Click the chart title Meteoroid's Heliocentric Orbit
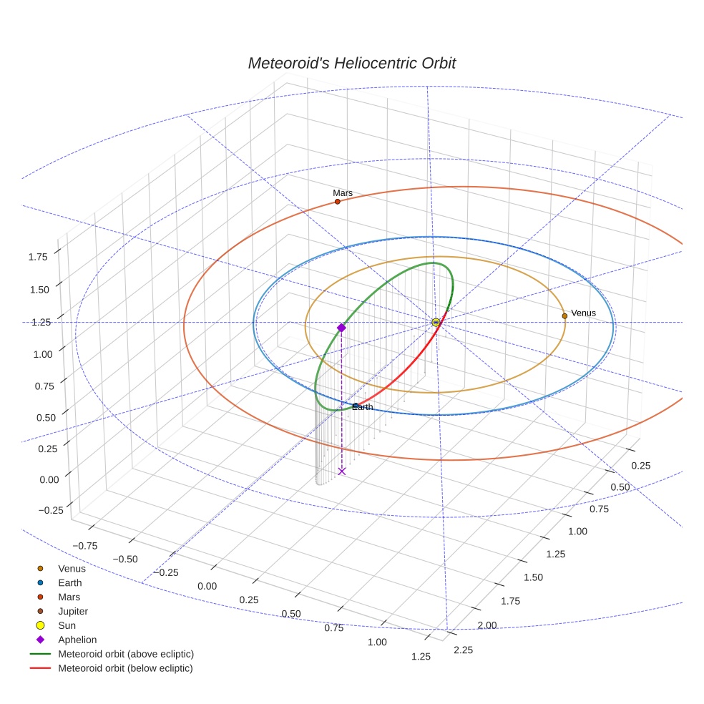click(x=351, y=63)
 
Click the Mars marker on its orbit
click(x=338, y=202)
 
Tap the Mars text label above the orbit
click(x=343, y=193)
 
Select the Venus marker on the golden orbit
click(x=564, y=316)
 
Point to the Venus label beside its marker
click(x=583, y=313)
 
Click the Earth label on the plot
click(x=363, y=408)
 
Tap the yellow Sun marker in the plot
click(x=436, y=323)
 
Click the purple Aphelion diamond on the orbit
click(x=341, y=328)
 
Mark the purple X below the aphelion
click(x=342, y=471)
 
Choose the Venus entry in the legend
click(x=72, y=569)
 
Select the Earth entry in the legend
click(x=70, y=583)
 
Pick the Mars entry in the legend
click(x=69, y=597)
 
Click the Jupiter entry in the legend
click(x=72, y=611)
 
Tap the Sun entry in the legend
click(x=67, y=625)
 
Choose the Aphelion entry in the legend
click(x=77, y=640)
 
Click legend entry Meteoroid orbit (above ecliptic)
click(x=126, y=654)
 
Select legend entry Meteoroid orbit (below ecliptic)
click(x=126, y=668)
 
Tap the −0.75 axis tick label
click(x=85, y=545)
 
